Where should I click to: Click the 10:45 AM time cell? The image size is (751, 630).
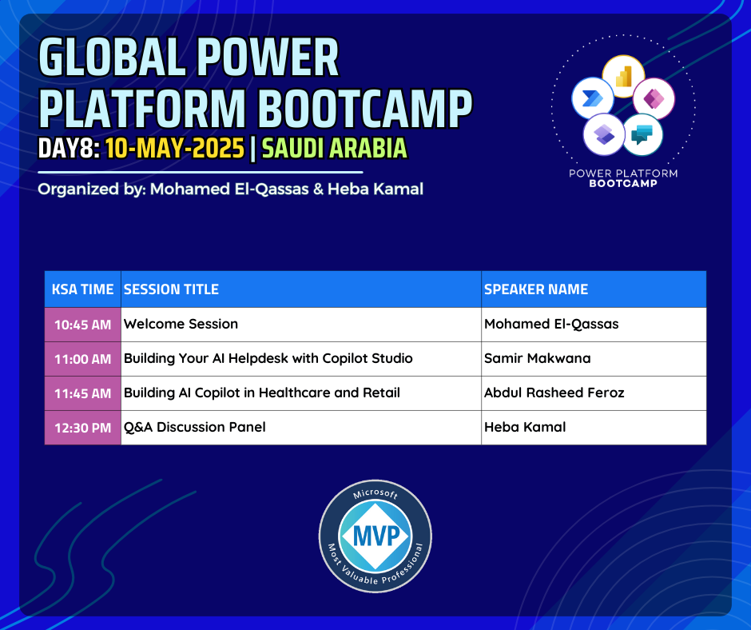[82, 325]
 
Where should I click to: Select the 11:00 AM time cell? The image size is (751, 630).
[82, 359]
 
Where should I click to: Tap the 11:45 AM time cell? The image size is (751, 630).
[82, 393]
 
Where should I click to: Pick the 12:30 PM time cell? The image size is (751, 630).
[82, 428]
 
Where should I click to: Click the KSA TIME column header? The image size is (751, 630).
[82, 289]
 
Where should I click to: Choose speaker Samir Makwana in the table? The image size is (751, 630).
[538, 358]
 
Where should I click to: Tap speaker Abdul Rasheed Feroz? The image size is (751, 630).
[554, 393]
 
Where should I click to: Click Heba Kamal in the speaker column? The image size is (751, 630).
[525, 427]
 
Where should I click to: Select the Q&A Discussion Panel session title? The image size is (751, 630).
[194, 427]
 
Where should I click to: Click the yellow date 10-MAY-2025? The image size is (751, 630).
[175, 148]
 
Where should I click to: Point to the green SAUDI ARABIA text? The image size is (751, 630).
[334, 148]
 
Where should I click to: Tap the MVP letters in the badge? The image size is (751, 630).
[376, 536]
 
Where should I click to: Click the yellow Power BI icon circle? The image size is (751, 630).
[623, 77]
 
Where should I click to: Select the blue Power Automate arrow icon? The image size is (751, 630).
[593, 98]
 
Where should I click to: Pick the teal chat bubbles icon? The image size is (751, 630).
[642, 135]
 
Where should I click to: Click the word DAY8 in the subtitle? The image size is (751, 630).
[68, 148]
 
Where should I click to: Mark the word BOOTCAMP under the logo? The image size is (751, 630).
[623, 183]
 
